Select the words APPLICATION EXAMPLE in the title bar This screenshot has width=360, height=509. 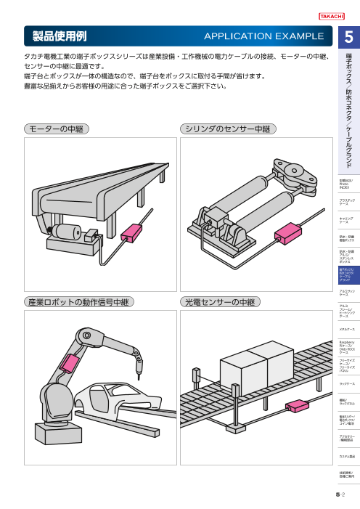pos(263,35)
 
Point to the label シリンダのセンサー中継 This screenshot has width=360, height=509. pos(227,129)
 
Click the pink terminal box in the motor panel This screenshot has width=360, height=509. pos(131,233)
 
